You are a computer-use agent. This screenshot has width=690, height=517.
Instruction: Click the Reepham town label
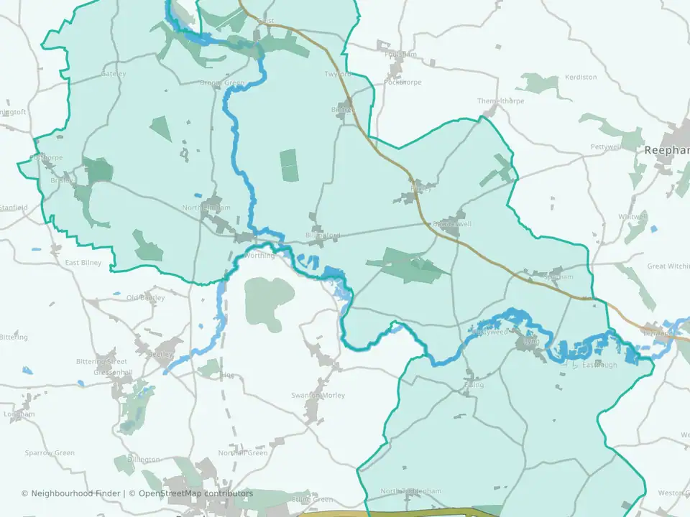click(x=667, y=150)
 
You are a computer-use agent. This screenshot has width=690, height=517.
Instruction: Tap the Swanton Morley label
click(x=318, y=396)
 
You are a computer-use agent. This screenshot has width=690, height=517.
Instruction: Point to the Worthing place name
click(x=259, y=256)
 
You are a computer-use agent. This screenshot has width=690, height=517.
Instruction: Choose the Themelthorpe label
click(x=501, y=101)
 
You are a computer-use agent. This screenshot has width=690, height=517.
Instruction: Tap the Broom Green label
click(x=222, y=83)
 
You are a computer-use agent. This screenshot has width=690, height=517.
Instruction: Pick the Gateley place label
click(x=114, y=74)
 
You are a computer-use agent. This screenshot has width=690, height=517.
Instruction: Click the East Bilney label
click(x=83, y=263)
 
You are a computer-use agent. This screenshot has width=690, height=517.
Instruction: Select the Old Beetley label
click(x=146, y=297)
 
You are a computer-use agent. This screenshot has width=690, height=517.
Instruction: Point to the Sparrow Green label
click(x=50, y=453)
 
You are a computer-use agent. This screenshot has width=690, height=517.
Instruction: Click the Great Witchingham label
click(x=668, y=266)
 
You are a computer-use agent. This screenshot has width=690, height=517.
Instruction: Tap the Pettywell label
click(x=605, y=146)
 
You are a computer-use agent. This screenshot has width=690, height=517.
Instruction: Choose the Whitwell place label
click(x=632, y=216)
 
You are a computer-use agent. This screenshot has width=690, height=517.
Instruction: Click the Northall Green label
click(x=243, y=453)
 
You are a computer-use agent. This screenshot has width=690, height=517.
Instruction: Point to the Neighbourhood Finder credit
click(x=72, y=493)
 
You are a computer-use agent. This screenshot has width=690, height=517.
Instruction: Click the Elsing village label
click(x=474, y=385)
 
